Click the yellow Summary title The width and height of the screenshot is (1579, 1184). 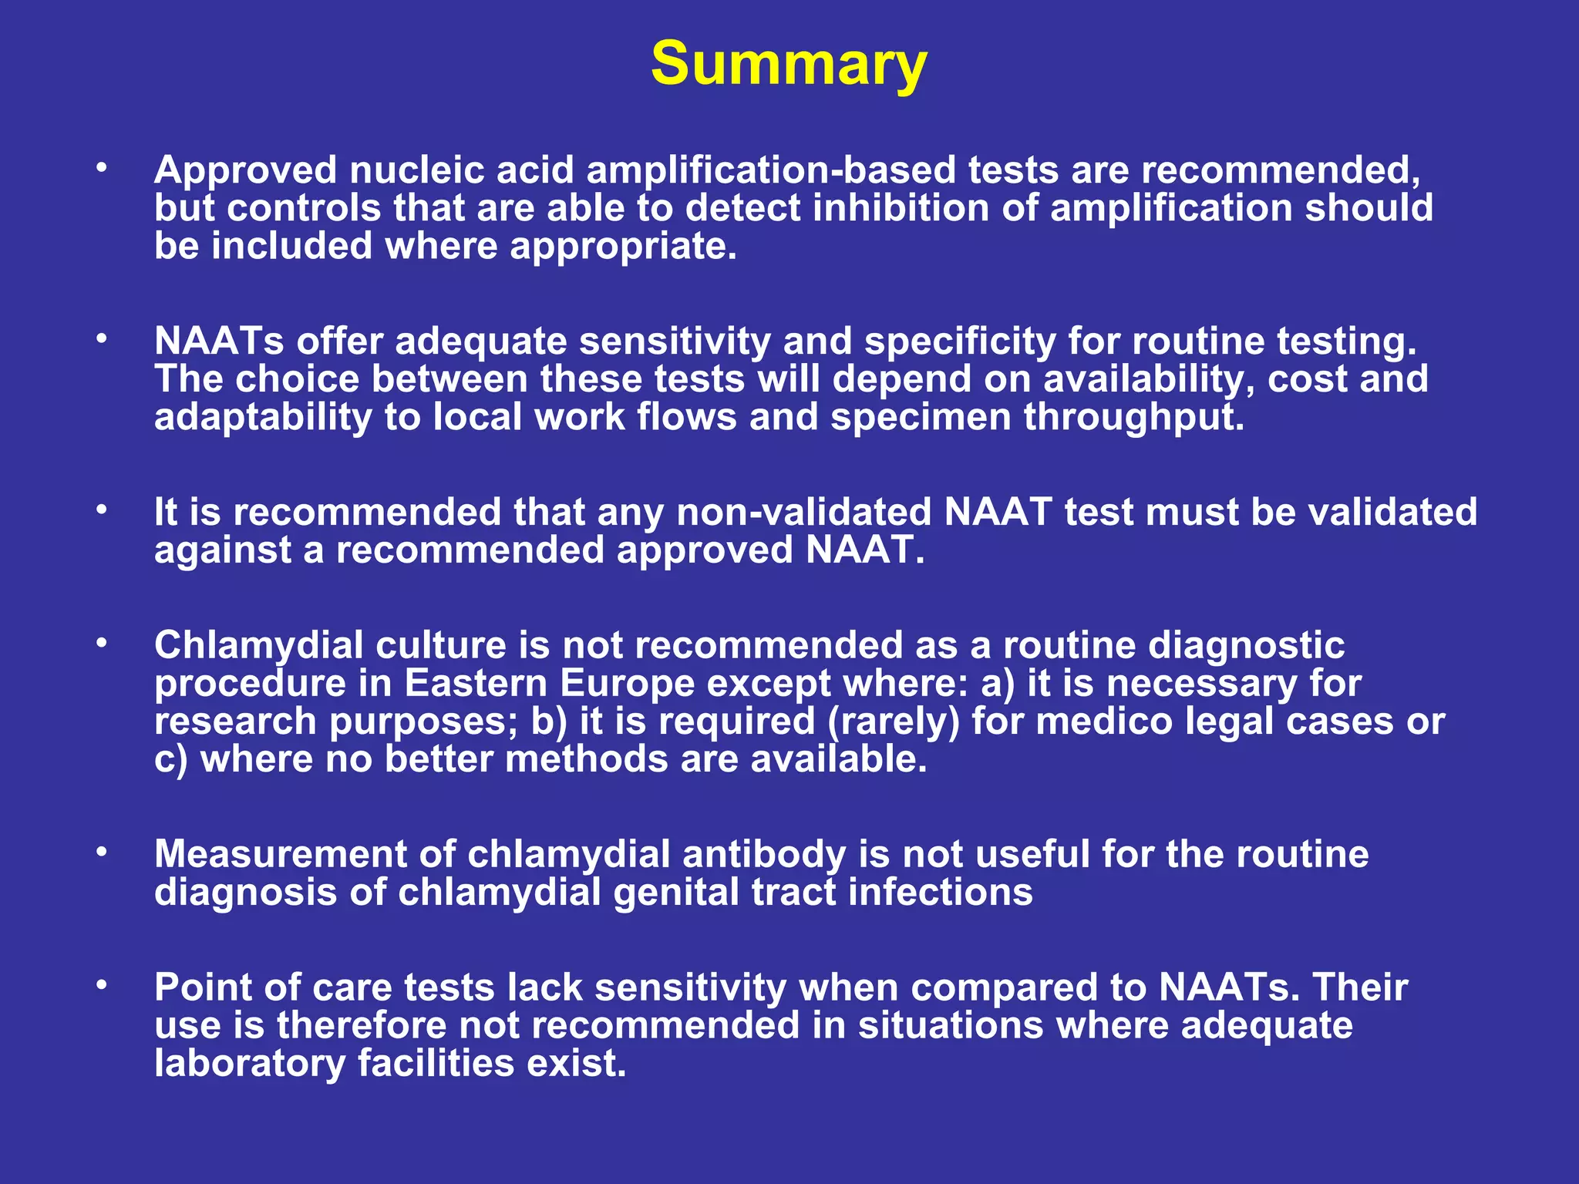tap(789, 65)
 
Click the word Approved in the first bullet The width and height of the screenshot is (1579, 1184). tap(245, 170)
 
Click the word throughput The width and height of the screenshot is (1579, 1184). tap(1133, 418)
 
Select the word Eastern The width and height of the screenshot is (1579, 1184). tap(476, 684)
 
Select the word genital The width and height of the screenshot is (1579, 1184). tap(675, 893)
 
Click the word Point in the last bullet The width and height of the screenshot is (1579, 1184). tap(204, 988)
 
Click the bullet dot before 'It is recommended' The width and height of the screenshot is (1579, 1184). tap(101, 510)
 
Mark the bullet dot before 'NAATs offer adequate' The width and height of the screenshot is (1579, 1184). tap(101, 339)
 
